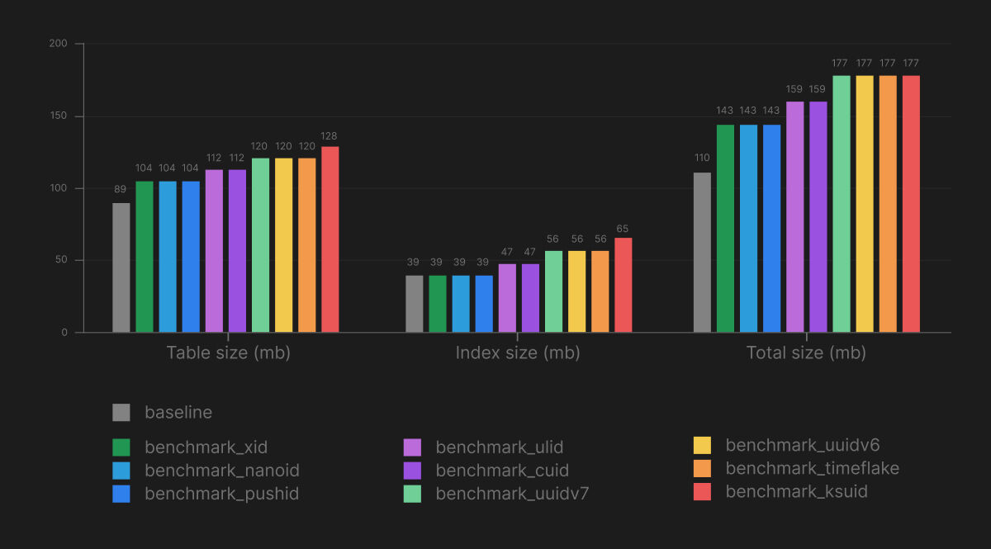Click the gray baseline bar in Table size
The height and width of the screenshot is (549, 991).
[121, 267]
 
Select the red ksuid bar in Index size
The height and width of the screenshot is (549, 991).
[623, 285]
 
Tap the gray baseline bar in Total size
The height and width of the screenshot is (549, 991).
[702, 253]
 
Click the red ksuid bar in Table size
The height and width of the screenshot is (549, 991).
[330, 239]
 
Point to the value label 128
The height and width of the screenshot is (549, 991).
[330, 136]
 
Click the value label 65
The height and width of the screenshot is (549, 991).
[623, 228]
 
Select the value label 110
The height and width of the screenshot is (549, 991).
[702, 158]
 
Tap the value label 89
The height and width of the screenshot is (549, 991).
[121, 189]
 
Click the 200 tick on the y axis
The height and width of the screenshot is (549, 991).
[59, 44]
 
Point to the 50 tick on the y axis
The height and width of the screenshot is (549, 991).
[61, 261]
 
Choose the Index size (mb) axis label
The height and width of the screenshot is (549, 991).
[518, 353]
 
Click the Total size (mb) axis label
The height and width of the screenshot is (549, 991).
[806, 353]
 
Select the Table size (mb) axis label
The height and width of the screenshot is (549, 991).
[228, 353]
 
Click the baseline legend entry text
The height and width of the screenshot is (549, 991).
[178, 413]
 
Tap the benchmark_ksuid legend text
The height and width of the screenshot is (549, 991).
[796, 492]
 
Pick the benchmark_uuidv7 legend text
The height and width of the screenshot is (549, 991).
[512, 494]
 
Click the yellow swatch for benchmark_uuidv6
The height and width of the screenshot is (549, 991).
[702, 446]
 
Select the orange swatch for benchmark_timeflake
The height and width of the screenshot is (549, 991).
[702, 469]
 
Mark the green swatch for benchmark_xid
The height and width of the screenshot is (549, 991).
[121, 447]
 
